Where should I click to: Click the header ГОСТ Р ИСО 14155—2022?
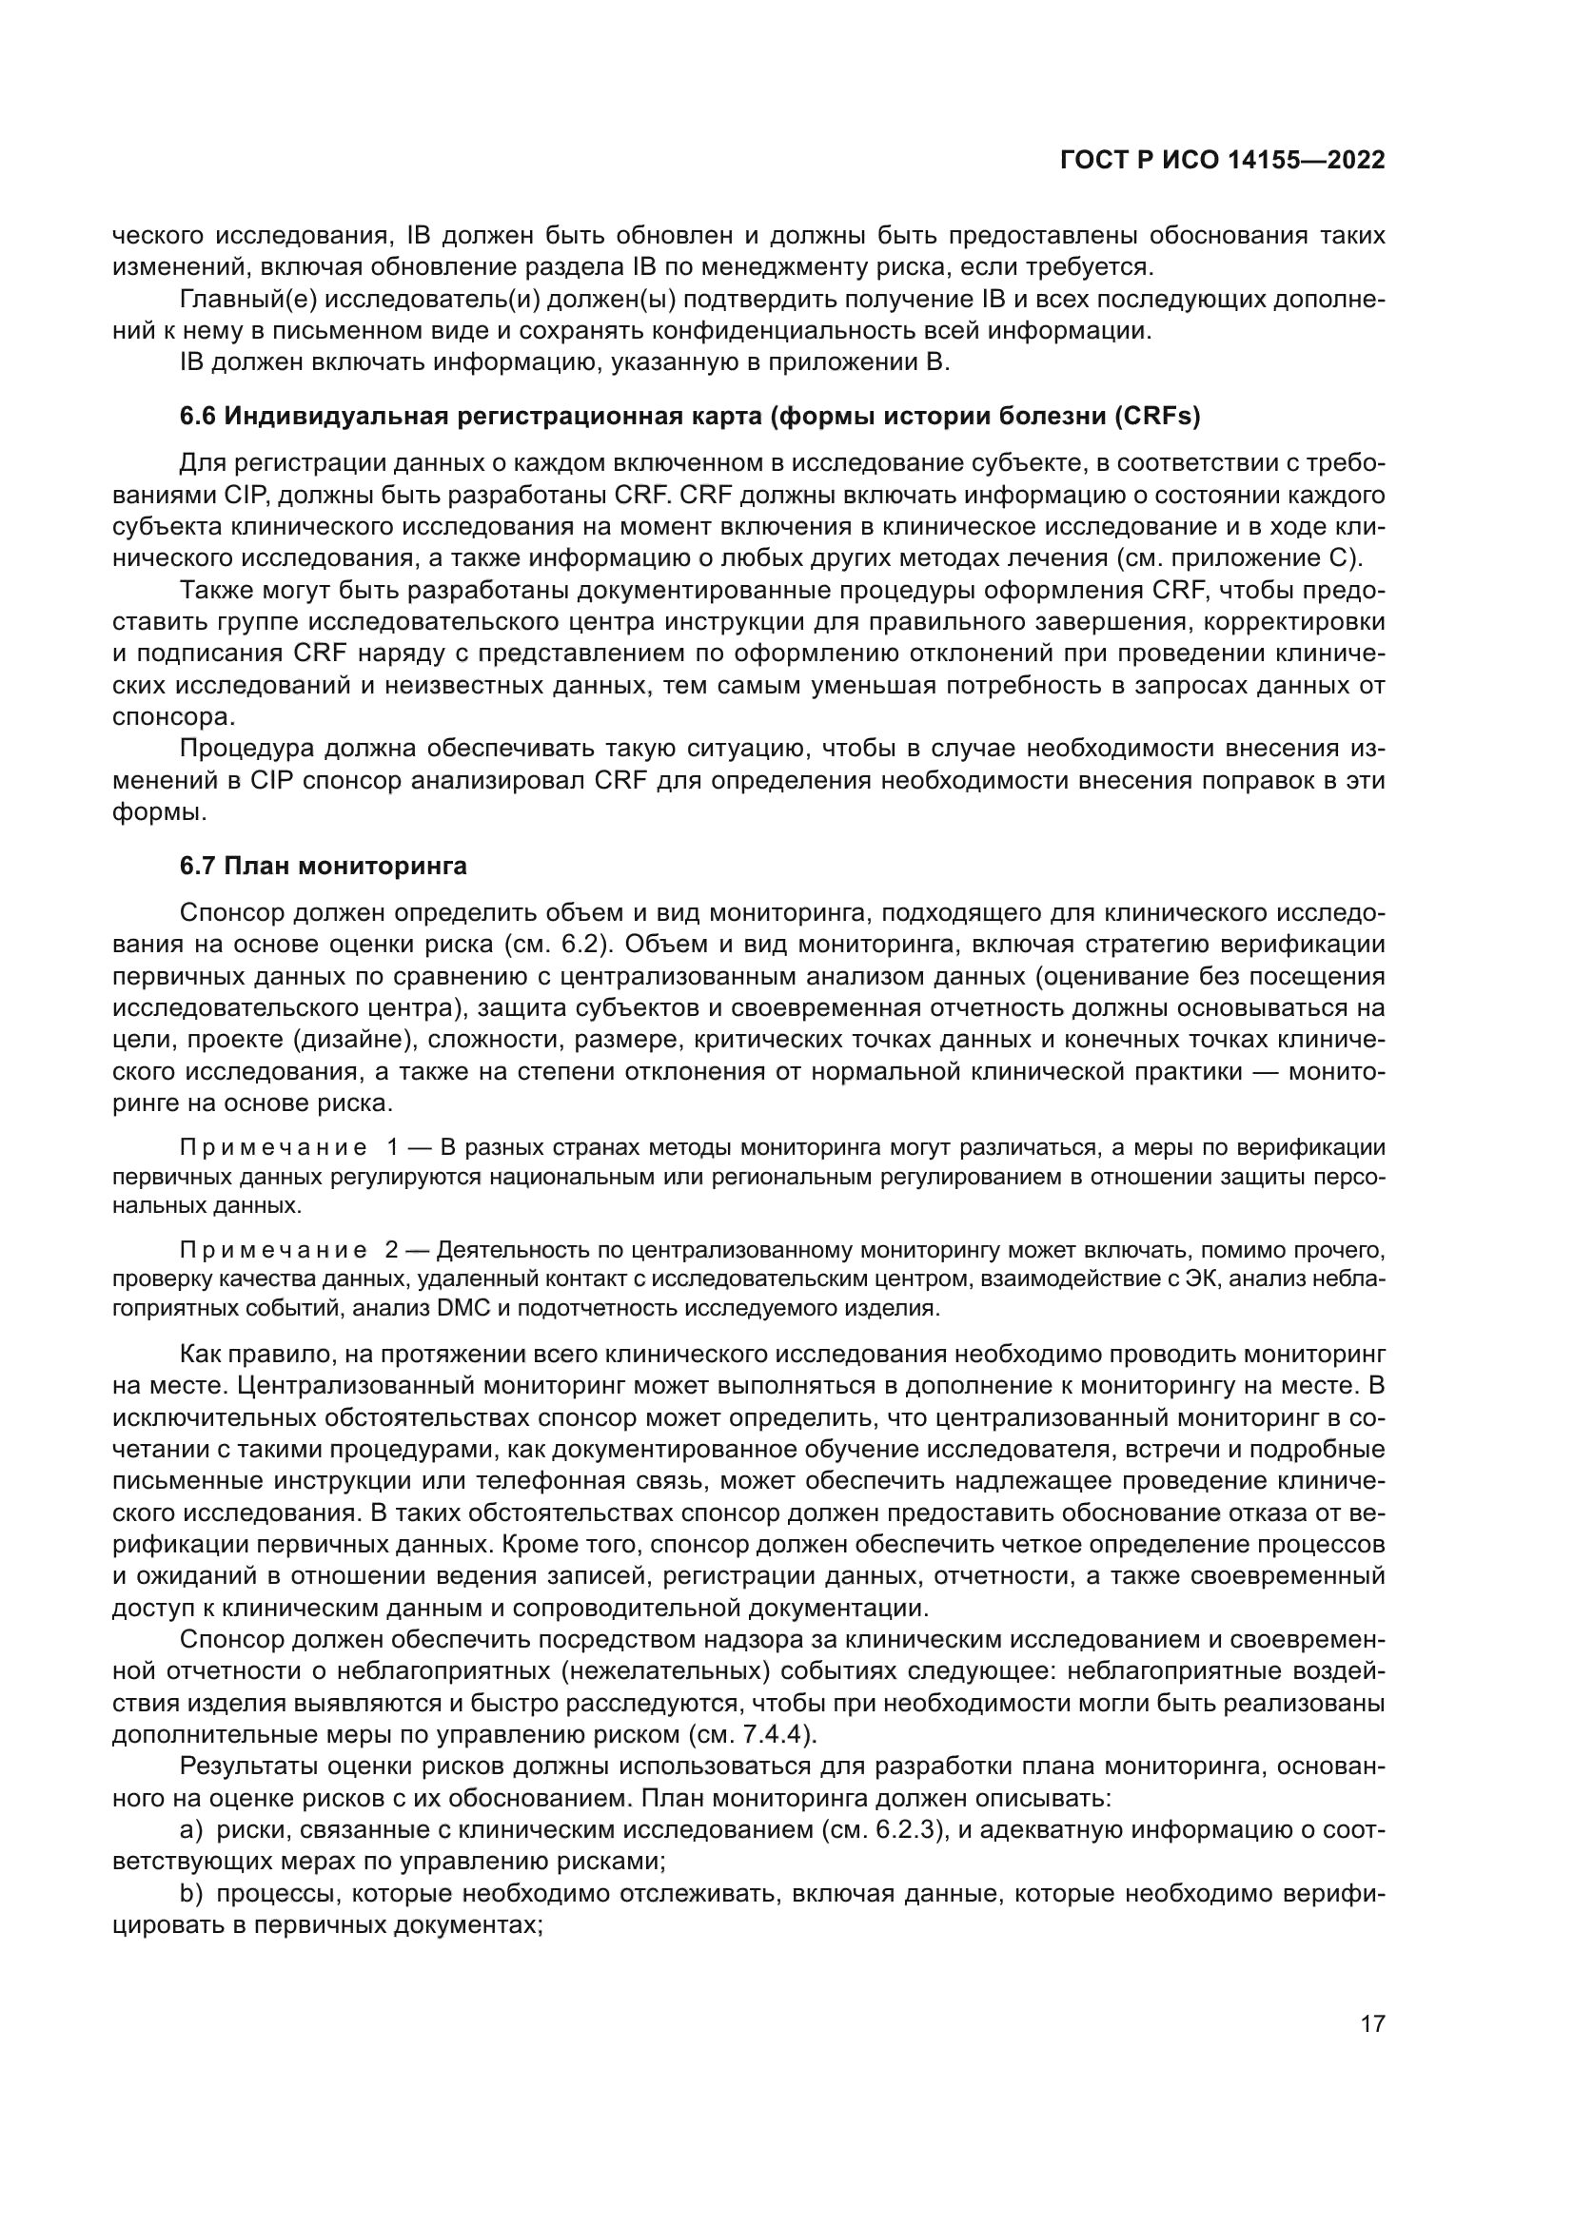[x=1222, y=161]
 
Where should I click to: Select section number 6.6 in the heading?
[x=199, y=417]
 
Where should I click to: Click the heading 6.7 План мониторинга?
[x=323, y=867]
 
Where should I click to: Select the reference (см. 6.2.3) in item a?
[x=883, y=1829]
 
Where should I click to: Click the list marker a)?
[x=190, y=1829]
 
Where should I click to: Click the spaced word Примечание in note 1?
[x=273, y=1148]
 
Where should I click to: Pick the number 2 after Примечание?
[x=391, y=1250]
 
